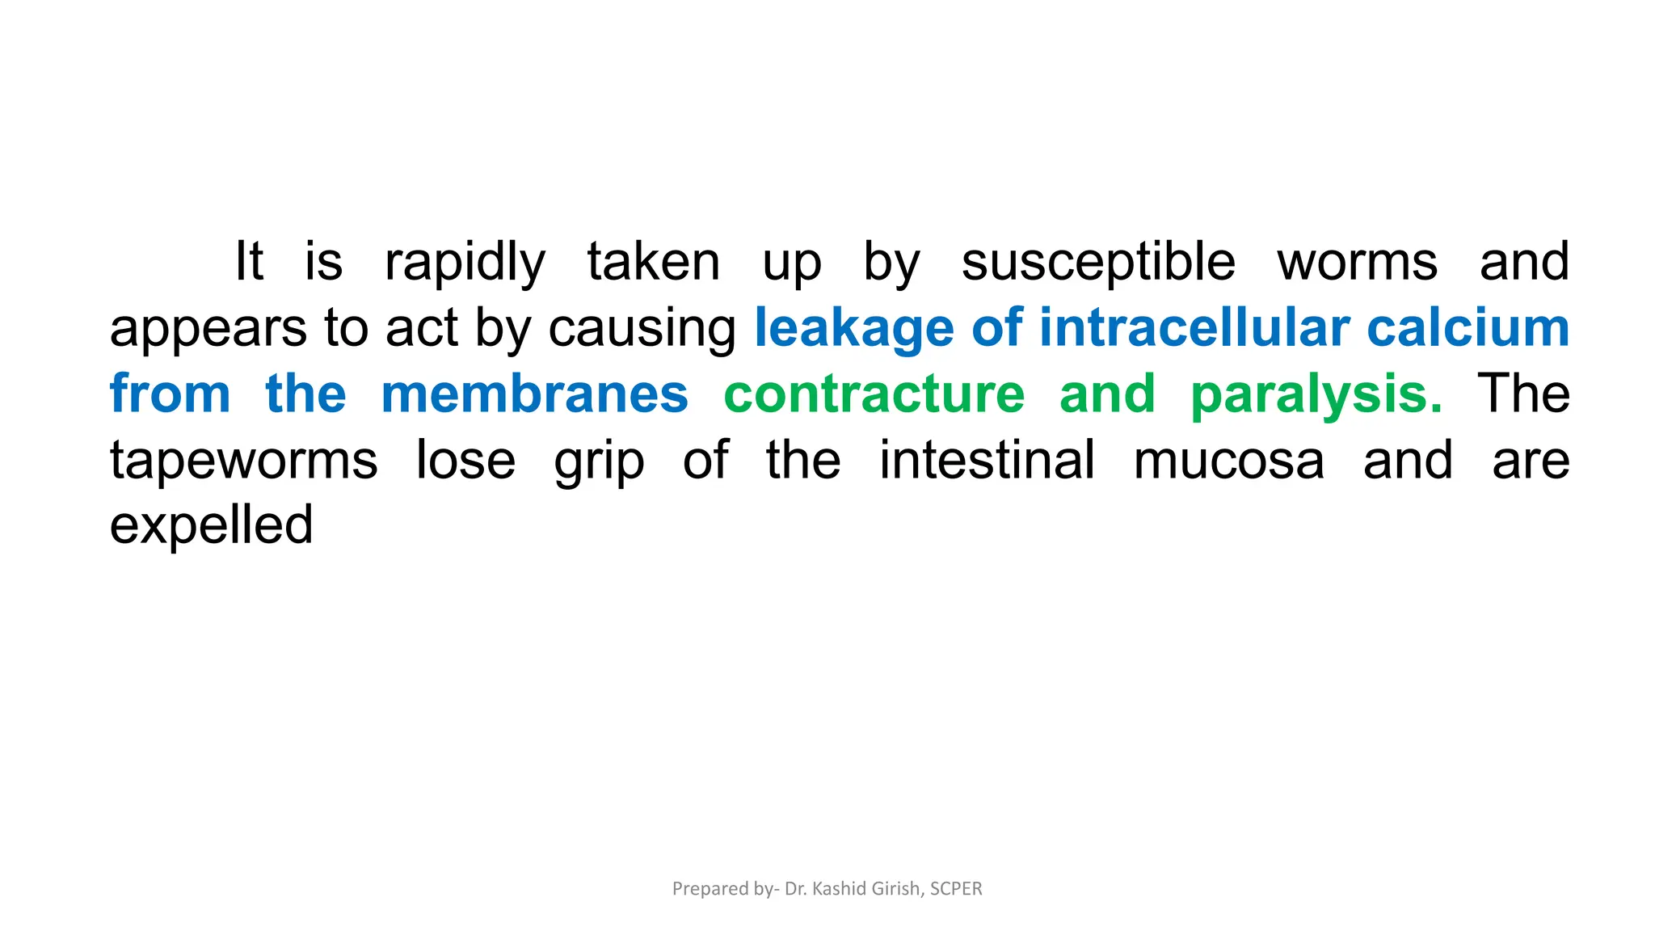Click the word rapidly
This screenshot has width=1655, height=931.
465,263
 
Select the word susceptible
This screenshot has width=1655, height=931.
1098,263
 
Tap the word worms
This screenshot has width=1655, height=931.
1358,263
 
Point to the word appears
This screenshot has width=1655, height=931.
208,329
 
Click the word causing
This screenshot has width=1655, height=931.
642,329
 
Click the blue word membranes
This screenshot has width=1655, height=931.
534,394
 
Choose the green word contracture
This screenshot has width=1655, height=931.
874,394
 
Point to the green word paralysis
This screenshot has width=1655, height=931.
1316,394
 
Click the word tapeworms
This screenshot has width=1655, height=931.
243,460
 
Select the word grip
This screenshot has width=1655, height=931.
599,461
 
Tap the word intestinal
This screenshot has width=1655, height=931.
987,460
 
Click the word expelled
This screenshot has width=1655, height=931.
211,526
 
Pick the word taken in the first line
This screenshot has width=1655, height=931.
653,263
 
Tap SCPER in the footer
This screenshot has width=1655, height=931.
956,888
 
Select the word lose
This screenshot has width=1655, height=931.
465,460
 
